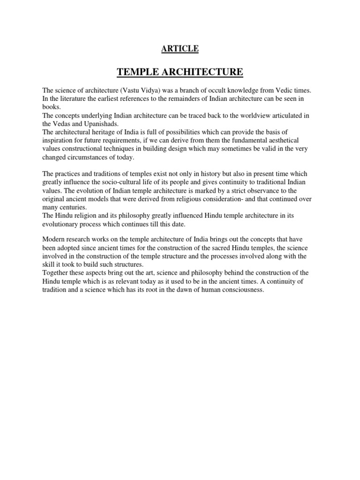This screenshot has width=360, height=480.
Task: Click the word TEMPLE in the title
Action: click(x=138, y=72)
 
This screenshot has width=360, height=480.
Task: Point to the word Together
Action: click(x=57, y=273)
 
